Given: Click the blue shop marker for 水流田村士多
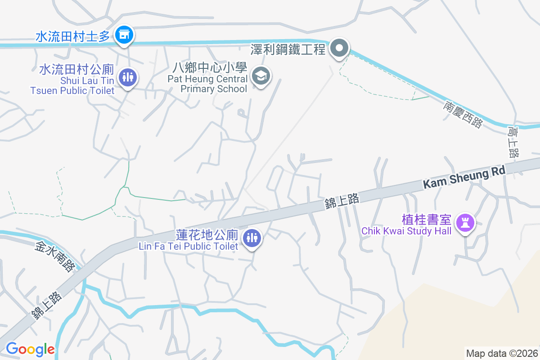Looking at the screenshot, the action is click(123, 35).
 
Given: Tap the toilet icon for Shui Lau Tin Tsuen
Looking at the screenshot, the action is click(128, 77).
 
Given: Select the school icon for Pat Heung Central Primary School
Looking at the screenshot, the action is click(261, 76).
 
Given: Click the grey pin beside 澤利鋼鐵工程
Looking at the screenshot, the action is click(340, 47).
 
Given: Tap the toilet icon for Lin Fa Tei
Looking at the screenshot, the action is click(252, 238).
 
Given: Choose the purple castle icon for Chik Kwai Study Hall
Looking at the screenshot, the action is click(464, 222).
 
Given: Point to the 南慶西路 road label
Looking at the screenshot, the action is click(462, 114).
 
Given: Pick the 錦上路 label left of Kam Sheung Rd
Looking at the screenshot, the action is click(342, 201).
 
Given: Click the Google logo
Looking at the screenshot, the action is click(30, 349).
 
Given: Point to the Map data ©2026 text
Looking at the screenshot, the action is click(502, 353).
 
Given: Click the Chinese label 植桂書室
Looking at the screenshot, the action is click(426, 220).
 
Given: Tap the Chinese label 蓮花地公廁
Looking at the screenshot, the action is click(207, 235).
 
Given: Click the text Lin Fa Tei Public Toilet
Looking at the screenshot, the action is click(188, 246).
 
